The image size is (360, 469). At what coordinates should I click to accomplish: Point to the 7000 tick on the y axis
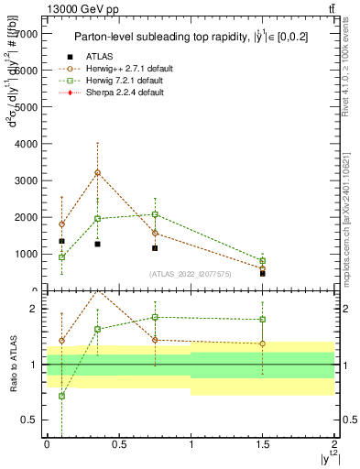(44, 33)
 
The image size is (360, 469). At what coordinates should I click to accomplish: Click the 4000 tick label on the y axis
(25, 144)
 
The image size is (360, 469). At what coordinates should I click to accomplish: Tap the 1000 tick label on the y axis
(25, 254)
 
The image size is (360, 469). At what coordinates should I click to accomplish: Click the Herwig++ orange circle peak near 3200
(97, 172)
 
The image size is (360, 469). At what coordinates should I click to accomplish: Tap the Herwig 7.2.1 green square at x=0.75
(155, 214)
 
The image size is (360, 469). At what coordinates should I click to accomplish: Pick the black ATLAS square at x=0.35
(97, 244)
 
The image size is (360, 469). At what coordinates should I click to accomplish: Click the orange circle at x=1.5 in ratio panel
(263, 344)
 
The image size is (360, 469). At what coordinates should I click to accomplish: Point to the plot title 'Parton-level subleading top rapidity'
(189, 38)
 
